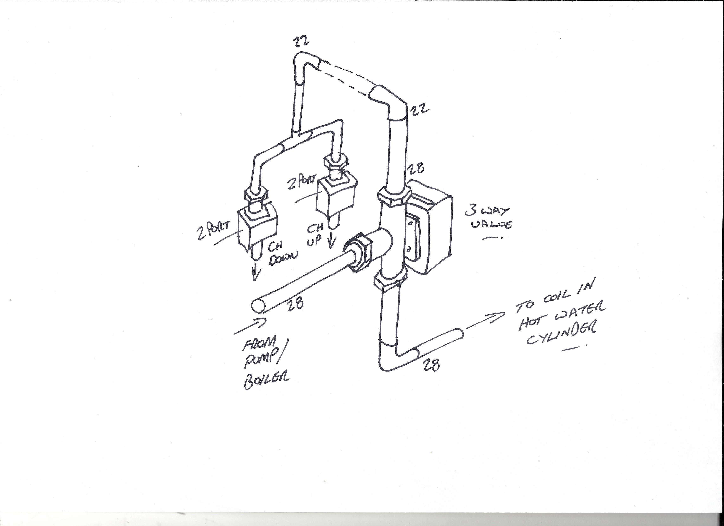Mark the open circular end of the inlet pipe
pyautogui.click(x=258, y=306)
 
